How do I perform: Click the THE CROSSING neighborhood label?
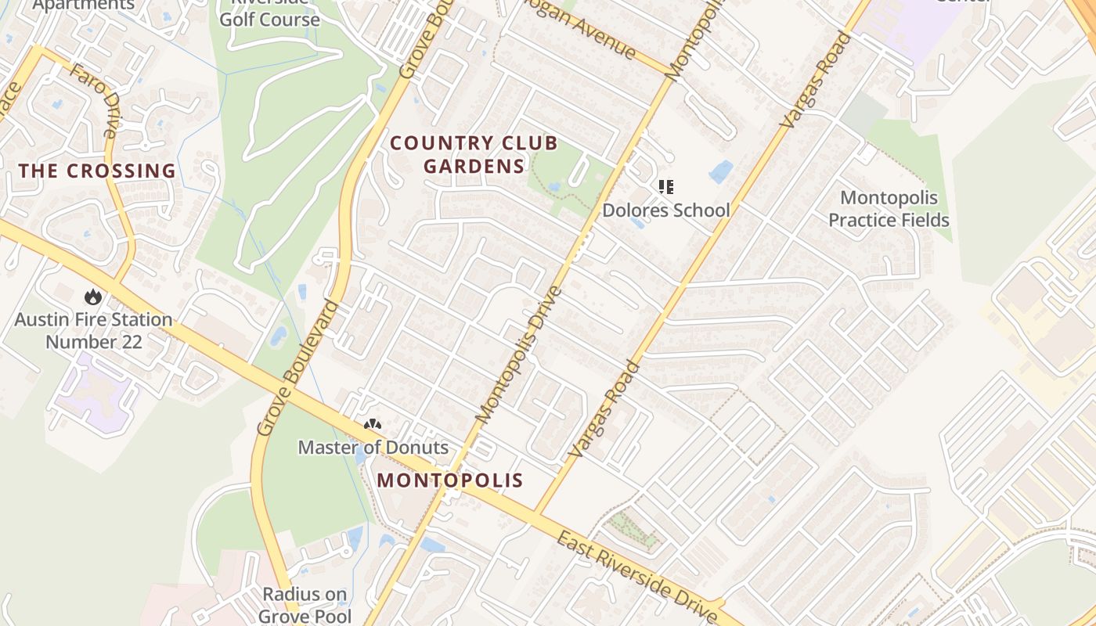(97, 171)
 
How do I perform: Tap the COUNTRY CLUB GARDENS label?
(474, 154)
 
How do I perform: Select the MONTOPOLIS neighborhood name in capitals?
(449, 480)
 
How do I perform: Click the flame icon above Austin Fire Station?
(93, 297)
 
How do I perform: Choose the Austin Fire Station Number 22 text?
(93, 330)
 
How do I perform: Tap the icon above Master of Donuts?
(373, 425)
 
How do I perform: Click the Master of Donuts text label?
(373, 448)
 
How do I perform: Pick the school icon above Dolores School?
(665, 187)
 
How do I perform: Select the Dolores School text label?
(665, 210)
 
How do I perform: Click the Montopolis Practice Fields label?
(889, 209)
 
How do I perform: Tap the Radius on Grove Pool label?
(305, 605)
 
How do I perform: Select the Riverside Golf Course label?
(269, 14)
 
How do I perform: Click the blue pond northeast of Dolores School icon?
(721, 171)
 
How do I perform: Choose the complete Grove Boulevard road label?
(299, 368)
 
